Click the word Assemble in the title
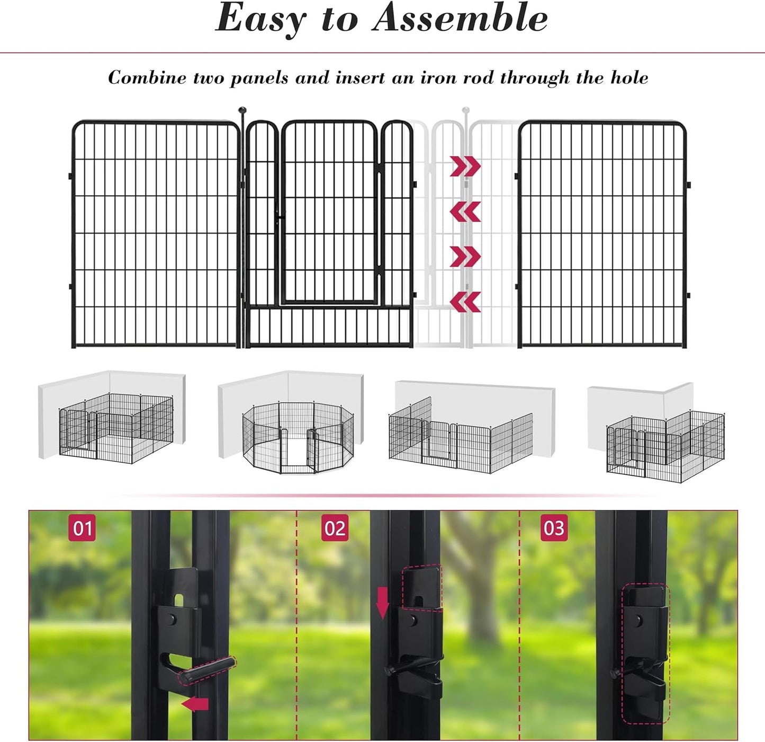tap(460, 19)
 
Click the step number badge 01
tap(82, 528)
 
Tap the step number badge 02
tap(335, 528)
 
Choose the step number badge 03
tap(554, 528)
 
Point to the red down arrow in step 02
tap(382, 603)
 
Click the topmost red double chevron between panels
tap(465, 166)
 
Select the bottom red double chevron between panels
tap(465, 302)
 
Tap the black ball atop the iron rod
tap(242, 110)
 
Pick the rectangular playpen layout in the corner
tap(116, 427)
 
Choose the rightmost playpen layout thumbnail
tap(665, 445)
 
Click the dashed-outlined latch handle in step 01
tap(206, 669)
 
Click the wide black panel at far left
tap(156, 234)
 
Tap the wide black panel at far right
tap(602, 234)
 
